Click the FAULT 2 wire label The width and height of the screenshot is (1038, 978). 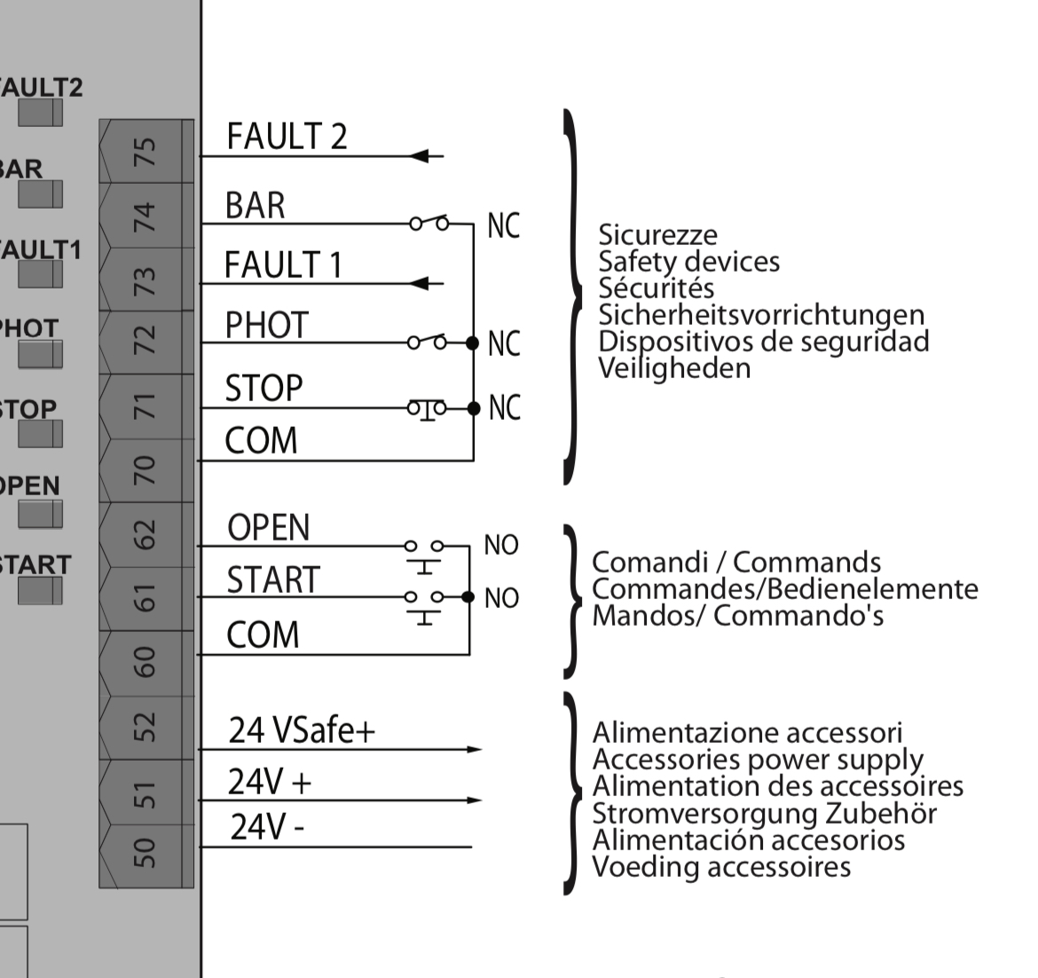[287, 137]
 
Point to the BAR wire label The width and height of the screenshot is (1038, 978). [256, 206]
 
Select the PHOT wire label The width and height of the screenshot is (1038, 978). [267, 326]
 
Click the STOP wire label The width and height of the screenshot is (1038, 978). [263, 388]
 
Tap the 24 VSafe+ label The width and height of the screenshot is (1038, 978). [302, 730]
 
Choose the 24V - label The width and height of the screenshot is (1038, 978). [267, 827]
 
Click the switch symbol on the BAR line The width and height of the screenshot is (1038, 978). [429, 222]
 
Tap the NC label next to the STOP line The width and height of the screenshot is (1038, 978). [504, 407]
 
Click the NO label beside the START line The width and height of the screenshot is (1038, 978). [501, 598]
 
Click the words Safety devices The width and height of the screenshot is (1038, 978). [688, 262]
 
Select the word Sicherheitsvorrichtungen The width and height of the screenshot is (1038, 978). [761, 315]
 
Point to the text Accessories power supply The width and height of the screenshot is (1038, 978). [757, 760]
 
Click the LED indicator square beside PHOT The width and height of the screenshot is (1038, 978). [41, 354]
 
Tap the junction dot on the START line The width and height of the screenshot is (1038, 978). [468, 596]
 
